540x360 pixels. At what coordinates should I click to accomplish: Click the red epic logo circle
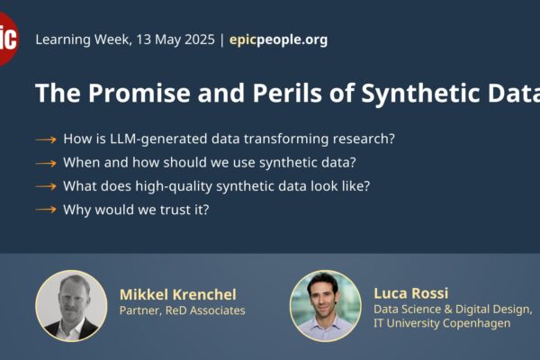pos(6,39)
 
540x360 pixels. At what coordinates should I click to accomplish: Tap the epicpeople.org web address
pos(278,40)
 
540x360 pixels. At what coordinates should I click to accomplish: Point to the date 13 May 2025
pos(175,40)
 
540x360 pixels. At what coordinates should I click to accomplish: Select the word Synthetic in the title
pos(420,94)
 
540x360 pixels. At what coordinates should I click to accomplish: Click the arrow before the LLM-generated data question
pos(46,139)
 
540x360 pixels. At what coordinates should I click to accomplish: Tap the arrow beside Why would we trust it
pos(46,210)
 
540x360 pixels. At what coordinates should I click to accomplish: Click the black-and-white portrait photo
pos(71,306)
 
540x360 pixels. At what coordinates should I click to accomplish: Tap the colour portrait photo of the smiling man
pos(326,306)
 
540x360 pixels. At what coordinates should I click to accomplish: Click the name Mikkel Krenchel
pos(178,294)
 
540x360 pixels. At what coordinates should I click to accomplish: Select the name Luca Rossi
pos(411,293)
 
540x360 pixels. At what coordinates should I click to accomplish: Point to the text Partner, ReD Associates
pos(182,310)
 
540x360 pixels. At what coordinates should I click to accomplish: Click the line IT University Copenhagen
pos(442,323)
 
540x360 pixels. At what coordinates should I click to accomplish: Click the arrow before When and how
pos(46,163)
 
